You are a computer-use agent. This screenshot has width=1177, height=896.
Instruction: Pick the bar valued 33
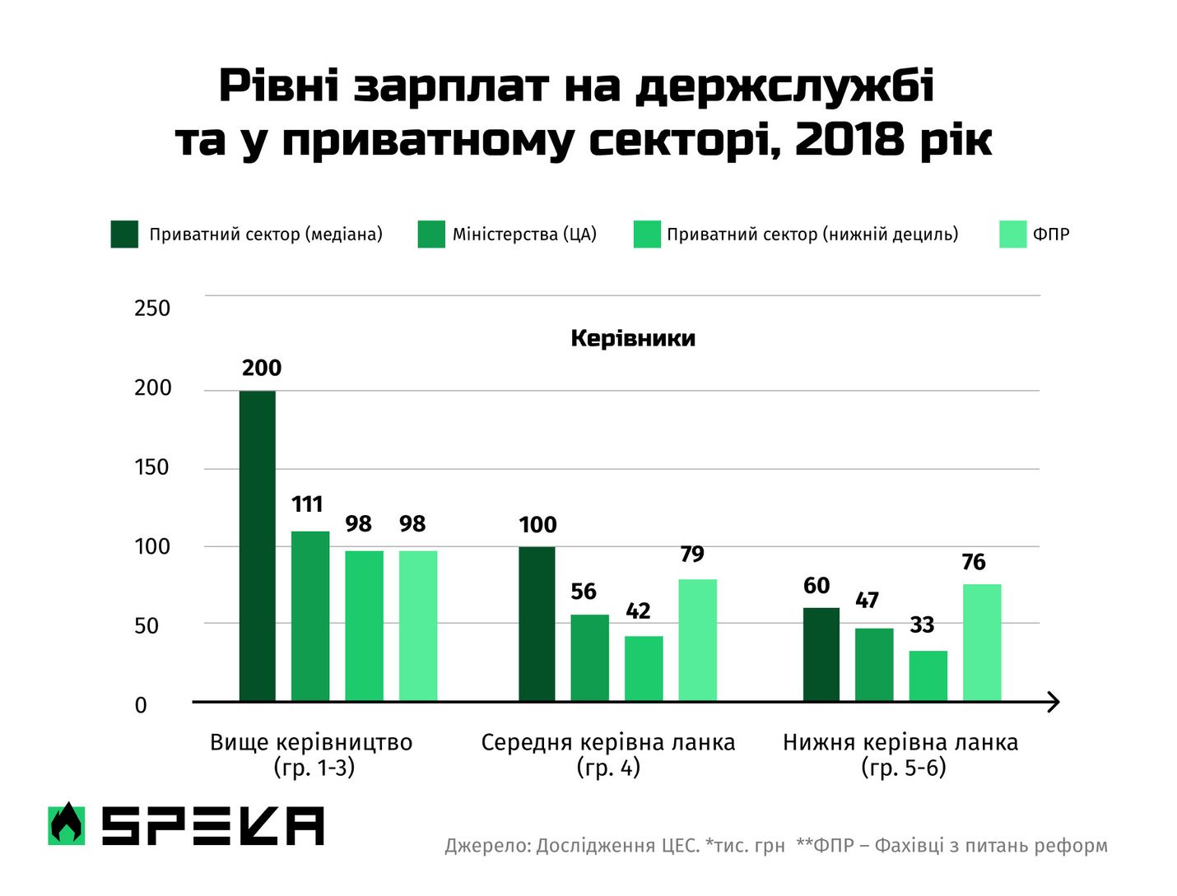[x=928, y=675]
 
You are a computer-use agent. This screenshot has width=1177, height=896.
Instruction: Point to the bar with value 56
[x=589, y=657]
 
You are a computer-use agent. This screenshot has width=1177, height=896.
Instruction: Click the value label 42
[x=638, y=611]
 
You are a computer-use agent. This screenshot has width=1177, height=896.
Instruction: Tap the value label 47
[x=867, y=601]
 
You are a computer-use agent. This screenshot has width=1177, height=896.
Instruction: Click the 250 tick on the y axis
[x=152, y=309]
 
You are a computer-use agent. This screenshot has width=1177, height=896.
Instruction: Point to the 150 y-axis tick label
[x=151, y=467]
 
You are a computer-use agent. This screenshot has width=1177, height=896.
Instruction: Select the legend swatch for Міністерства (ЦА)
[x=431, y=234]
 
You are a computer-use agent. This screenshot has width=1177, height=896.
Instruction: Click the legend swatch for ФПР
[x=1012, y=234]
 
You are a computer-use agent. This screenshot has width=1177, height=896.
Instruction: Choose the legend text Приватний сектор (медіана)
[x=266, y=234]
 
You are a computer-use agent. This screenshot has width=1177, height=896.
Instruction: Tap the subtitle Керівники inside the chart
[x=633, y=338]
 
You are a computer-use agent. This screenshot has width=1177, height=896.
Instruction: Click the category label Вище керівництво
[x=311, y=742]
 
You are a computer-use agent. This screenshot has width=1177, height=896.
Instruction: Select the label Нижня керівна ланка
[x=900, y=742]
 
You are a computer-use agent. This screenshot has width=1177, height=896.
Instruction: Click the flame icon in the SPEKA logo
[x=67, y=824]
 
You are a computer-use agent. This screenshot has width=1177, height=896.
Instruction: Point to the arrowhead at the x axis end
[x=1053, y=702]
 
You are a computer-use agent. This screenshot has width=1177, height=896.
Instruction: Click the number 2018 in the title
[x=849, y=139]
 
